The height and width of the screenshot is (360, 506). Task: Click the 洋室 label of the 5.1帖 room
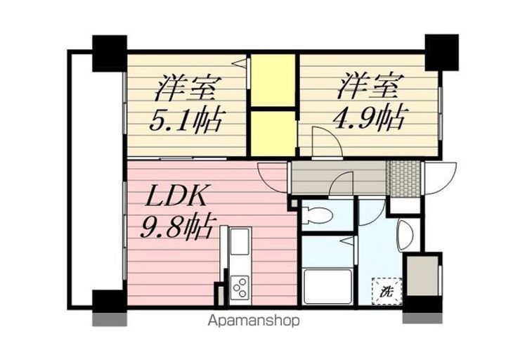click(186, 89)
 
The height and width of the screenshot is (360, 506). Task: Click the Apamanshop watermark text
click(253, 321)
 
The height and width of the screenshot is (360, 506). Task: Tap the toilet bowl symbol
click(316, 216)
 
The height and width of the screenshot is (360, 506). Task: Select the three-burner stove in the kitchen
click(240, 288)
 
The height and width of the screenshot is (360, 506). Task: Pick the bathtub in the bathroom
click(327, 285)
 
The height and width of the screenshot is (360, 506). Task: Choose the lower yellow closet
click(273, 132)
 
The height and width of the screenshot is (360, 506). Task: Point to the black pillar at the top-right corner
click(441, 51)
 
